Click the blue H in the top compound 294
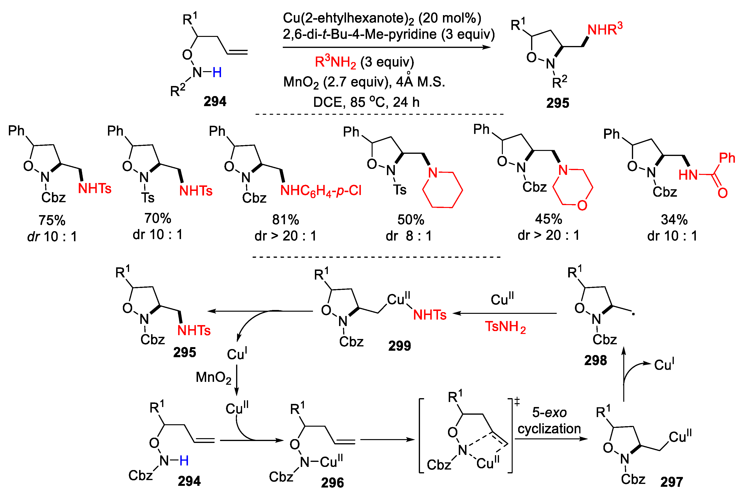[217, 73]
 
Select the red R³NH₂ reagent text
[335, 62]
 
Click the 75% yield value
[52, 220]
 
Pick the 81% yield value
[285, 220]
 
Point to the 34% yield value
[674, 220]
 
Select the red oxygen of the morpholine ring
[582, 206]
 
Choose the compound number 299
[399, 346]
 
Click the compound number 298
[596, 360]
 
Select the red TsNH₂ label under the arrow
[505, 327]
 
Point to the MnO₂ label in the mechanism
[213, 378]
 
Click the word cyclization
[549, 429]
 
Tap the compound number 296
[332, 483]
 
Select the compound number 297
[671, 482]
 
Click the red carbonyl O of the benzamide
[722, 193]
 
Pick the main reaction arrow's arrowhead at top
[487, 47]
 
